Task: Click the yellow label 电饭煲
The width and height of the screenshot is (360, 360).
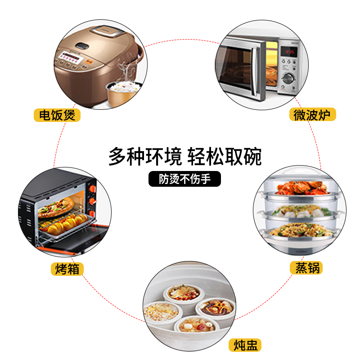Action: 57,115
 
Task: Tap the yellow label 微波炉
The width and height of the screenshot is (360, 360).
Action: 312,115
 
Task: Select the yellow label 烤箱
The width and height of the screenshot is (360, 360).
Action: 67,269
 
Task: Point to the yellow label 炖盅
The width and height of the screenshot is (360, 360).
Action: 245,346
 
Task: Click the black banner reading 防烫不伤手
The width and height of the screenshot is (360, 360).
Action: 185,179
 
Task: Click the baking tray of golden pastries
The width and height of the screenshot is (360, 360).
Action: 63,223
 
